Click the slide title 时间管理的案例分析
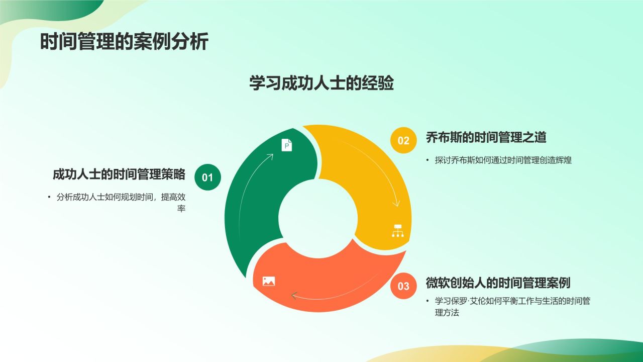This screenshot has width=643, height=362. [x=124, y=42]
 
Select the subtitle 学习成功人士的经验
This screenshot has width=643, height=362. [x=321, y=83]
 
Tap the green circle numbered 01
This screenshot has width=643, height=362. [x=207, y=177]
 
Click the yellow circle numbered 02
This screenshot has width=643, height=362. [x=403, y=141]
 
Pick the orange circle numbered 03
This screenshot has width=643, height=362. [x=403, y=286]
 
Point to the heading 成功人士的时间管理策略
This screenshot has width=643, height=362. [x=119, y=174]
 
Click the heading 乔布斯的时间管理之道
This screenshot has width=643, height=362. [x=486, y=137]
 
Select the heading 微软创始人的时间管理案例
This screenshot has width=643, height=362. [x=498, y=283]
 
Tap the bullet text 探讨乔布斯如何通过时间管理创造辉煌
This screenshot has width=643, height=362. [x=503, y=160]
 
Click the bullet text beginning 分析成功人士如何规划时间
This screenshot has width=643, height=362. [x=121, y=198]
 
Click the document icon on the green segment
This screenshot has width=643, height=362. [x=286, y=145]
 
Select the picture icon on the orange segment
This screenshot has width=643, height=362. [x=269, y=281]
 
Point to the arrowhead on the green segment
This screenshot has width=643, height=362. [x=270, y=156]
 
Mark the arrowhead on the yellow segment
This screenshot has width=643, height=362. [x=396, y=203]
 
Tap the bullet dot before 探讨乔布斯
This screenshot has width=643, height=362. [x=428, y=160]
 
